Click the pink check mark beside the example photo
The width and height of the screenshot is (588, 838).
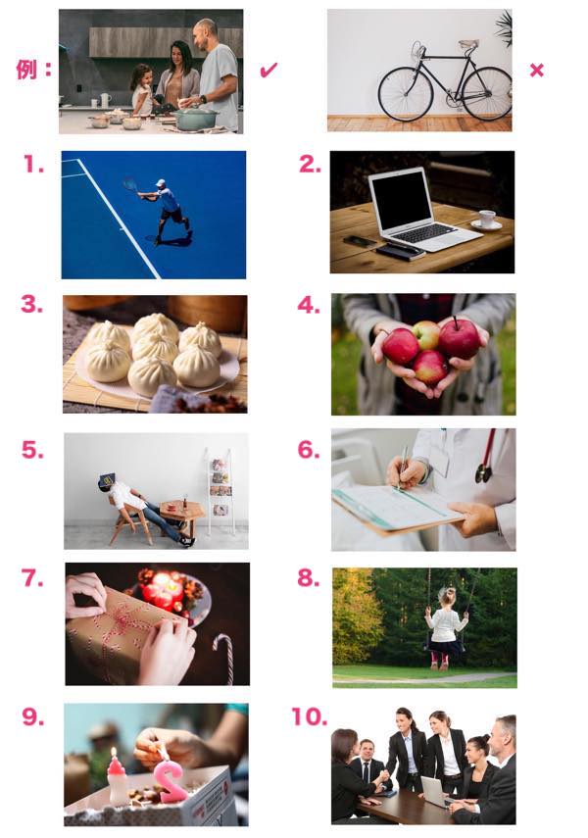pos(269,70)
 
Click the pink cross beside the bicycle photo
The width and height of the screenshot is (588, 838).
pos(536,70)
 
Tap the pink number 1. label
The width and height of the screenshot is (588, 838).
pos(33,165)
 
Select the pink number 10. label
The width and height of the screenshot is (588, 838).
pos(309,716)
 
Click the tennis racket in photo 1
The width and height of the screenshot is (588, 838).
pos(130,185)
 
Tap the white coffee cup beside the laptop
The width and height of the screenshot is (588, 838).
pos(487,220)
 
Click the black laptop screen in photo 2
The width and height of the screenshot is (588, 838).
pos(401,200)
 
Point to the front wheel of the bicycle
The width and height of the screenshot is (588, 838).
pos(405,94)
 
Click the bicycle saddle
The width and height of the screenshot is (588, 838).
pos(468,44)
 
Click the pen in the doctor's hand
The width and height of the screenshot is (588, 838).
pos(402,468)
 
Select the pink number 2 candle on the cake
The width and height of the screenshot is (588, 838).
pos(171,782)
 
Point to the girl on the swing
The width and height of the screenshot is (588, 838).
pos(445,628)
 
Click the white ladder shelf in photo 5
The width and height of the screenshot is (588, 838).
pos(220,492)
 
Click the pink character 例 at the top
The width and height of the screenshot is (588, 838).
pos(26,69)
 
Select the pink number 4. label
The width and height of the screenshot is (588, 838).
pos(309,305)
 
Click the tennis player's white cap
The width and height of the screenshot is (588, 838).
pos(161,182)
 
